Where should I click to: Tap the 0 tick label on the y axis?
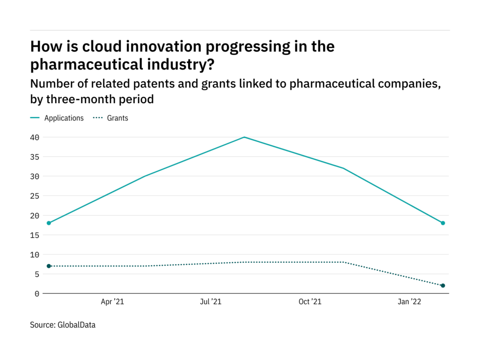click(x=37, y=294)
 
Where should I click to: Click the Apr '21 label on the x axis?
click(x=112, y=302)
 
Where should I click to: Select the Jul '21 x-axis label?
click(x=210, y=302)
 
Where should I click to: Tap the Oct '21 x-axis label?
click(x=310, y=302)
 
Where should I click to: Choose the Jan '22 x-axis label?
click(x=410, y=302)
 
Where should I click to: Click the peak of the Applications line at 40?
click(x=244, y=137)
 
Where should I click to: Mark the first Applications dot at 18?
click(x=49, y=223)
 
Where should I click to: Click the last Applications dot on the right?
click(x=442, y=223)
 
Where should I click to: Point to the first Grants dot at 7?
click(x=49, y=266)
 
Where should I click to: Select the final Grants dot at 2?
click(x=442, y=285)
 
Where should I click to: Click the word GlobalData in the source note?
click(x=77, y=324)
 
